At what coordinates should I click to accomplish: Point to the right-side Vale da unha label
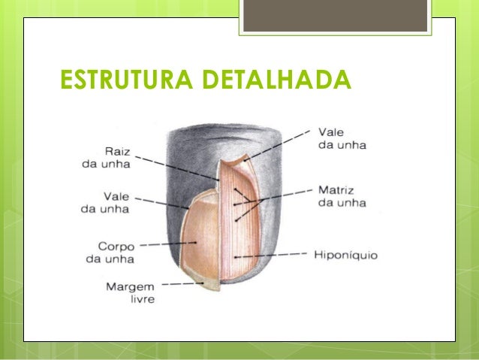342,138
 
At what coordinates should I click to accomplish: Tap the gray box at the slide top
336,16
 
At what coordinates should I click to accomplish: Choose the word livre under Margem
140,299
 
